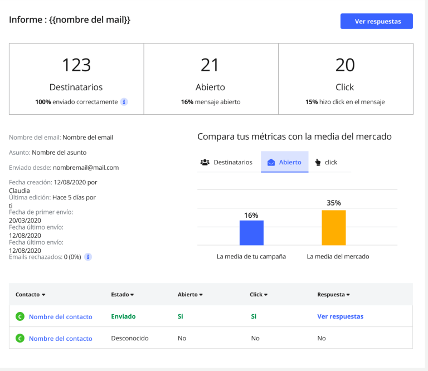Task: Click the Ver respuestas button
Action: point(377,21)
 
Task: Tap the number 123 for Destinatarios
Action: point(76,65)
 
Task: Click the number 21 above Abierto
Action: point(210,65)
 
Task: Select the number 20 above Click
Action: point(345,65)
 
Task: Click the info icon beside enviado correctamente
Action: point(124,102)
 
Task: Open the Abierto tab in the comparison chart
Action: point(284,162)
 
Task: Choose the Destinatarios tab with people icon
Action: point(226,162)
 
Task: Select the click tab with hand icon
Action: point(326,162)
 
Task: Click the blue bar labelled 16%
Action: point(251,233)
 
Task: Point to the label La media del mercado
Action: point(338,257)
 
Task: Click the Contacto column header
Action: point(30,294)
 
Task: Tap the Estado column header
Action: point(122,294)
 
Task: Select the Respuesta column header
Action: point(333,294)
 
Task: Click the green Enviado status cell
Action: point(123,316)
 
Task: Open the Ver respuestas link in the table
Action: point(340,316)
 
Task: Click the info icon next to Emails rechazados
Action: point(88,257)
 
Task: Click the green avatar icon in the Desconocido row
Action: point(20,338)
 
